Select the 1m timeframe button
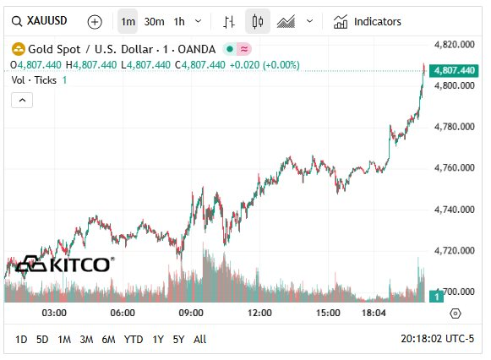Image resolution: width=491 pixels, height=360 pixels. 128,21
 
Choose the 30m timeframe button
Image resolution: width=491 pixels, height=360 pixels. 154,21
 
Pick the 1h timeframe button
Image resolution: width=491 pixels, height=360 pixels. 179,21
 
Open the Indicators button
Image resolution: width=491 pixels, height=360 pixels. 368,21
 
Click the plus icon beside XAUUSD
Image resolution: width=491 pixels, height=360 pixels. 95,21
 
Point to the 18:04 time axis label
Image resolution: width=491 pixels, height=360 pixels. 374,313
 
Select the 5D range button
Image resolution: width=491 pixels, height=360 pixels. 42,339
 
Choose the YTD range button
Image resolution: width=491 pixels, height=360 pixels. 134,339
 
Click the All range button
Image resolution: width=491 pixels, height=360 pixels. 199,339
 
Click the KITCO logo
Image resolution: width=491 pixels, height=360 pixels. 64,265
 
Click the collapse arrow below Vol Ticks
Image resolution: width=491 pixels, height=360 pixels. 22,100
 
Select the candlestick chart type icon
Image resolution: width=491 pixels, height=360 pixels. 258,21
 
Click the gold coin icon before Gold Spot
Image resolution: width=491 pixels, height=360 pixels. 17,49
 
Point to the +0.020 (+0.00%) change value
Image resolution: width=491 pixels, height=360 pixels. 263,64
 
